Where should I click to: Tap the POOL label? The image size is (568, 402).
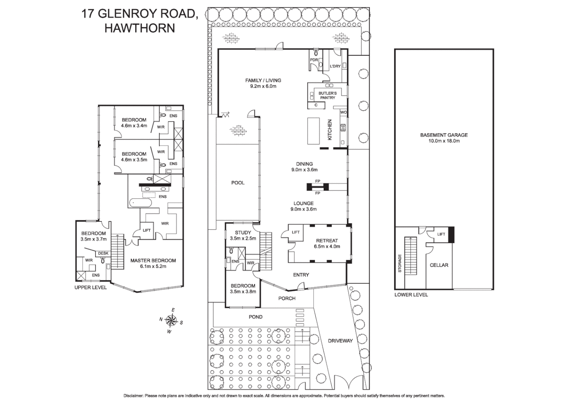pos(238,183)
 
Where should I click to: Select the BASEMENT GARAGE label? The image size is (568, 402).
pos(444,135)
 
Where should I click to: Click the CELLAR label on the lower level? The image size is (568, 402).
pos(439,265)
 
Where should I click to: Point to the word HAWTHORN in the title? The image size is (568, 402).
pos(139,28)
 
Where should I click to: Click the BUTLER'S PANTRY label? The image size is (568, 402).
pos(327,95)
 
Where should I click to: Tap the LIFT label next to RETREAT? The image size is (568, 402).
pos(296,232)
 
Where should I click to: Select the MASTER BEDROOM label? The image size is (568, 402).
pos(153,261)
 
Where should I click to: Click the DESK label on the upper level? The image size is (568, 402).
pos(103,253)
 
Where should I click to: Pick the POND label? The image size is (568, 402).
pos(255,317)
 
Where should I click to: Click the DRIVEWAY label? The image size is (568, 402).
pos(340,341)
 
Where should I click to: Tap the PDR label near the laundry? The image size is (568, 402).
pos(314,60)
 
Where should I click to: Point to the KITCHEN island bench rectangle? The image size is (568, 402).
pos(313,131)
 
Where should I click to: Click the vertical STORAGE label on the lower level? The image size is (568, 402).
pos(400,263)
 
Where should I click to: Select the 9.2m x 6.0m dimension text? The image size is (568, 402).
pos(263,86)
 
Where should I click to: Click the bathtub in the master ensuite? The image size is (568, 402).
pos(141,203)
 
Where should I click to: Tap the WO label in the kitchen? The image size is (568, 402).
pos(343,112)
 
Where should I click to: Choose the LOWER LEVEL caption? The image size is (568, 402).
pos(411,294)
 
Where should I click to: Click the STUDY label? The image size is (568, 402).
pos(243,233)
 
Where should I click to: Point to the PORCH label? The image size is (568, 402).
pos(287,298)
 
